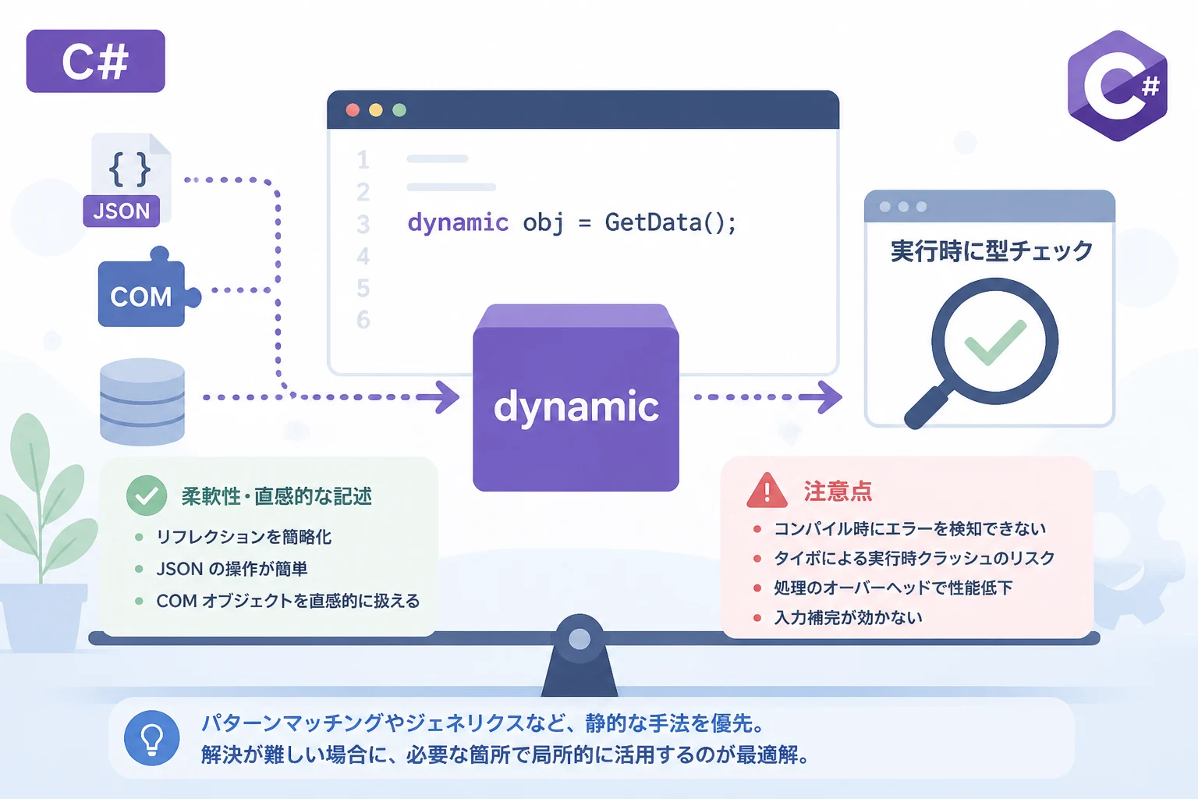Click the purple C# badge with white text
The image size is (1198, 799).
coord(96,61)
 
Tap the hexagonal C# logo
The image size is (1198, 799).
coord(1117,86)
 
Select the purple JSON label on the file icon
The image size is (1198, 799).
coord(122,211)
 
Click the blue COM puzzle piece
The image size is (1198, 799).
coord(144,292)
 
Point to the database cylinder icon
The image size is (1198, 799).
coord(142,402)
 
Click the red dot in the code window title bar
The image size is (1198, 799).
coord(353,110)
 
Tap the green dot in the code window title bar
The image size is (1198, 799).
coord(399,110)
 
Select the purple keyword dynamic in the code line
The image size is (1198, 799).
coord(458,222)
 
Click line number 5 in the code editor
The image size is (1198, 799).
coord(363,288)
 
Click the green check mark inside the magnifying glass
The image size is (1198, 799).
coord(994,343)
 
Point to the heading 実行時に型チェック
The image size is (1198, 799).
coord(991,251)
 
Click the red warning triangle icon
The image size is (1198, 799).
coord(767,490)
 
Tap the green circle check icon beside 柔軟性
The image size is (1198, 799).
coord(147,495)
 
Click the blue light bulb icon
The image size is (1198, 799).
coord(152,738)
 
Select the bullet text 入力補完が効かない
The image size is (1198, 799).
coord(848,617)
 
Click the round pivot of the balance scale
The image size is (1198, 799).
coord(580,638)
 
